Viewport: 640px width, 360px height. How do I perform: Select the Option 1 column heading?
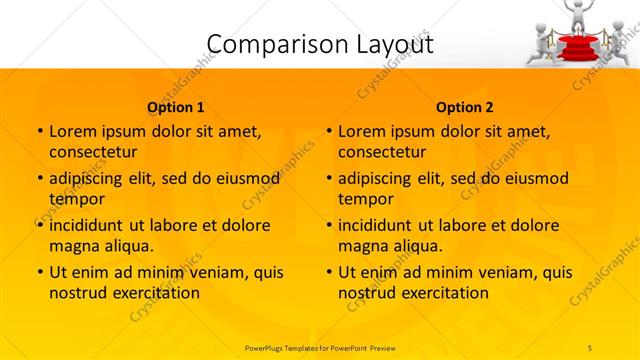(x=176, y=107)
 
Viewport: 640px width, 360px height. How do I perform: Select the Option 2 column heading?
(x=465, y=107)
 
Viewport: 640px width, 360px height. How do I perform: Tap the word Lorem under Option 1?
(x=73, y=131)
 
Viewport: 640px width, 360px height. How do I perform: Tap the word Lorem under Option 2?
(x=362, y=131)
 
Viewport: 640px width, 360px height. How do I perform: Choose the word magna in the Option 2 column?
(x=363, y=245)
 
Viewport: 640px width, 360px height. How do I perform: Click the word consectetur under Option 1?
(x=92, y=152)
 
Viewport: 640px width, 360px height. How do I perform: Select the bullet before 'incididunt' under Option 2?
(x=328, y=225)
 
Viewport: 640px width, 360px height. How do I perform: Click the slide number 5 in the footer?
(x=590, y=346)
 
